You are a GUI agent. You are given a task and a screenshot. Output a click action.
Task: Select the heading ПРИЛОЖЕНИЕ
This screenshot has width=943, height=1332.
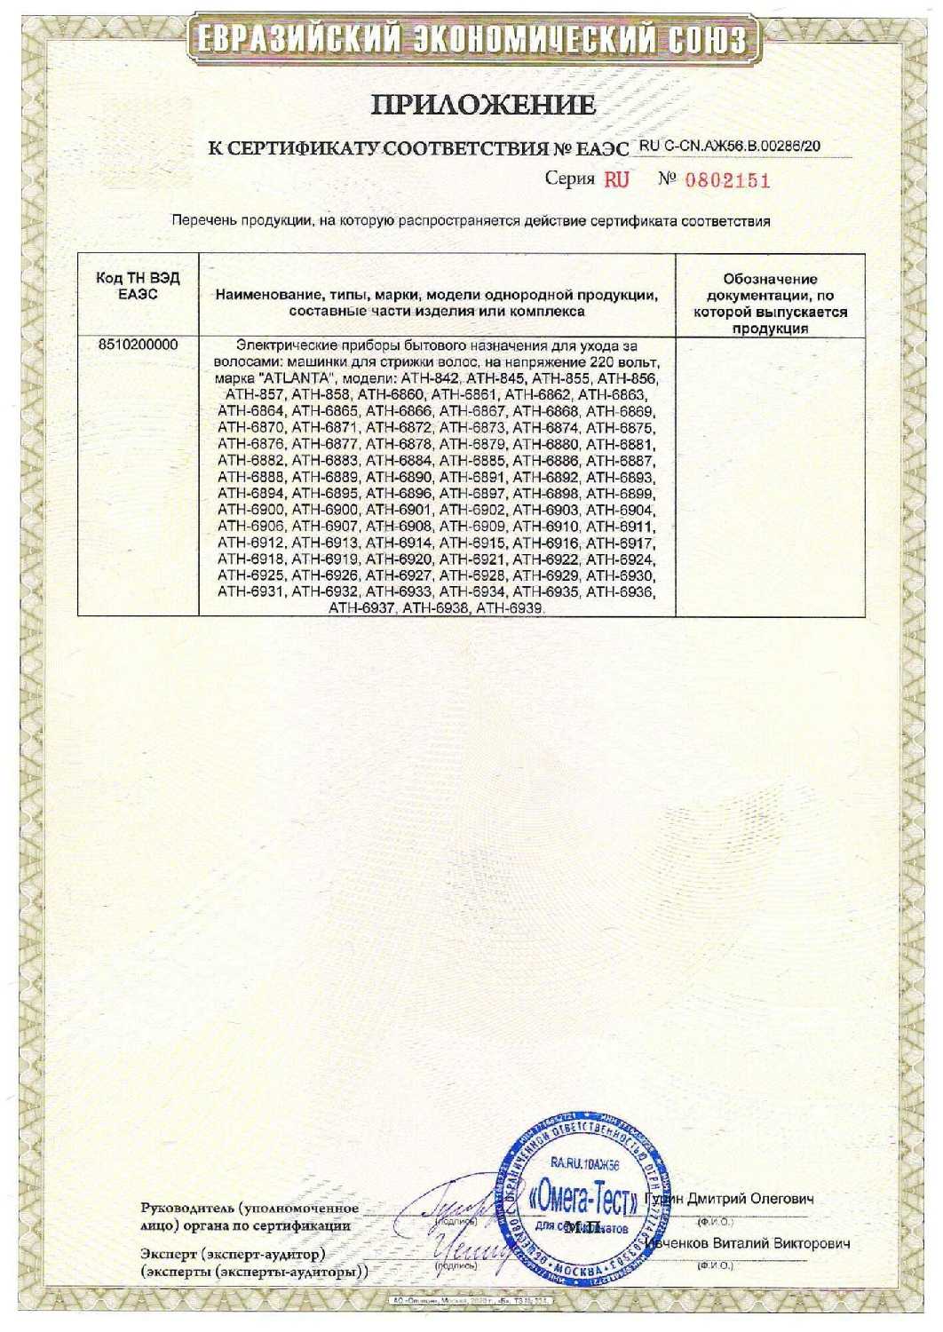pos(483,106)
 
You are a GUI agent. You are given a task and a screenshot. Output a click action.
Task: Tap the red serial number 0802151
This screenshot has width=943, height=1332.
pos(727,180)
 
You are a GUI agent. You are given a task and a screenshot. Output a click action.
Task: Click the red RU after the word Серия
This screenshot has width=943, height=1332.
pos(616,180)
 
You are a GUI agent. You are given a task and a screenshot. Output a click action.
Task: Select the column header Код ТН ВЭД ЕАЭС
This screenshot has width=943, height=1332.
pos(138,286)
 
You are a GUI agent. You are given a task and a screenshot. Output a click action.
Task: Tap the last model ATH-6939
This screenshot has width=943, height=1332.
pos(510,609)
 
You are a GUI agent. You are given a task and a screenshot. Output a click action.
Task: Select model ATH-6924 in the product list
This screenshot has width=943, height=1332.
pos(621,559)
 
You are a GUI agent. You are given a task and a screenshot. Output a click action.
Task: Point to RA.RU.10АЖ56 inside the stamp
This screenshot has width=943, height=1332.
pos(583,1162)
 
